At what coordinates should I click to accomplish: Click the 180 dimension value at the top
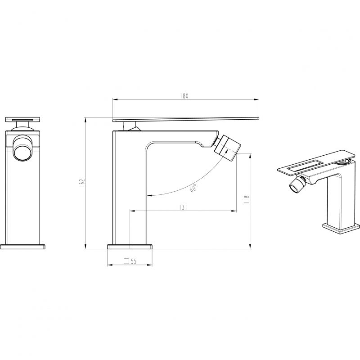coord(184,96)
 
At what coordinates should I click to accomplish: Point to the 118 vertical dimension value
coord(247,199)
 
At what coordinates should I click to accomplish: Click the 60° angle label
coord(193,188)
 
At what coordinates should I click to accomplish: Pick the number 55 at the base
coord(134,261)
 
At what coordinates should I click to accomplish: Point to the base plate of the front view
coord(23,246)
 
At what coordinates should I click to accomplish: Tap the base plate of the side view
coord(130,246)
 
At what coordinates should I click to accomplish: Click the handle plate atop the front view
coord(22,119)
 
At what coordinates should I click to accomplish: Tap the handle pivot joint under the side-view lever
coord(134,128)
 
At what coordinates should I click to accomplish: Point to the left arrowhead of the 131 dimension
coord(132,211)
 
